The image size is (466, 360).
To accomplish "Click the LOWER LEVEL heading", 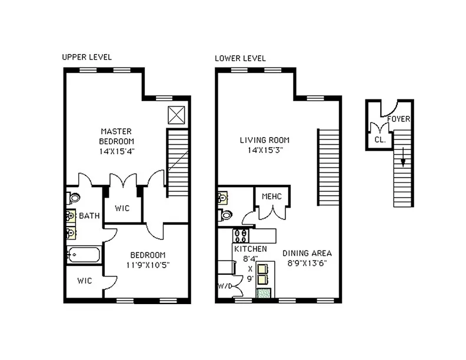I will (240, 58).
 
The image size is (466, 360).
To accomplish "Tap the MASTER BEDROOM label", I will (116, 136).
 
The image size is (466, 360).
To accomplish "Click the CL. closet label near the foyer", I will (380, 141).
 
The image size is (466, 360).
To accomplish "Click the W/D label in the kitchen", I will (225, 287).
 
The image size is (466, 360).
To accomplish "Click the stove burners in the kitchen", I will (241, 235).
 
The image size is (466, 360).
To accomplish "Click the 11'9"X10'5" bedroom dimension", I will (148, 265).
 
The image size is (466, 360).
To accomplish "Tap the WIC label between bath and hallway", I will (122, 208).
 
